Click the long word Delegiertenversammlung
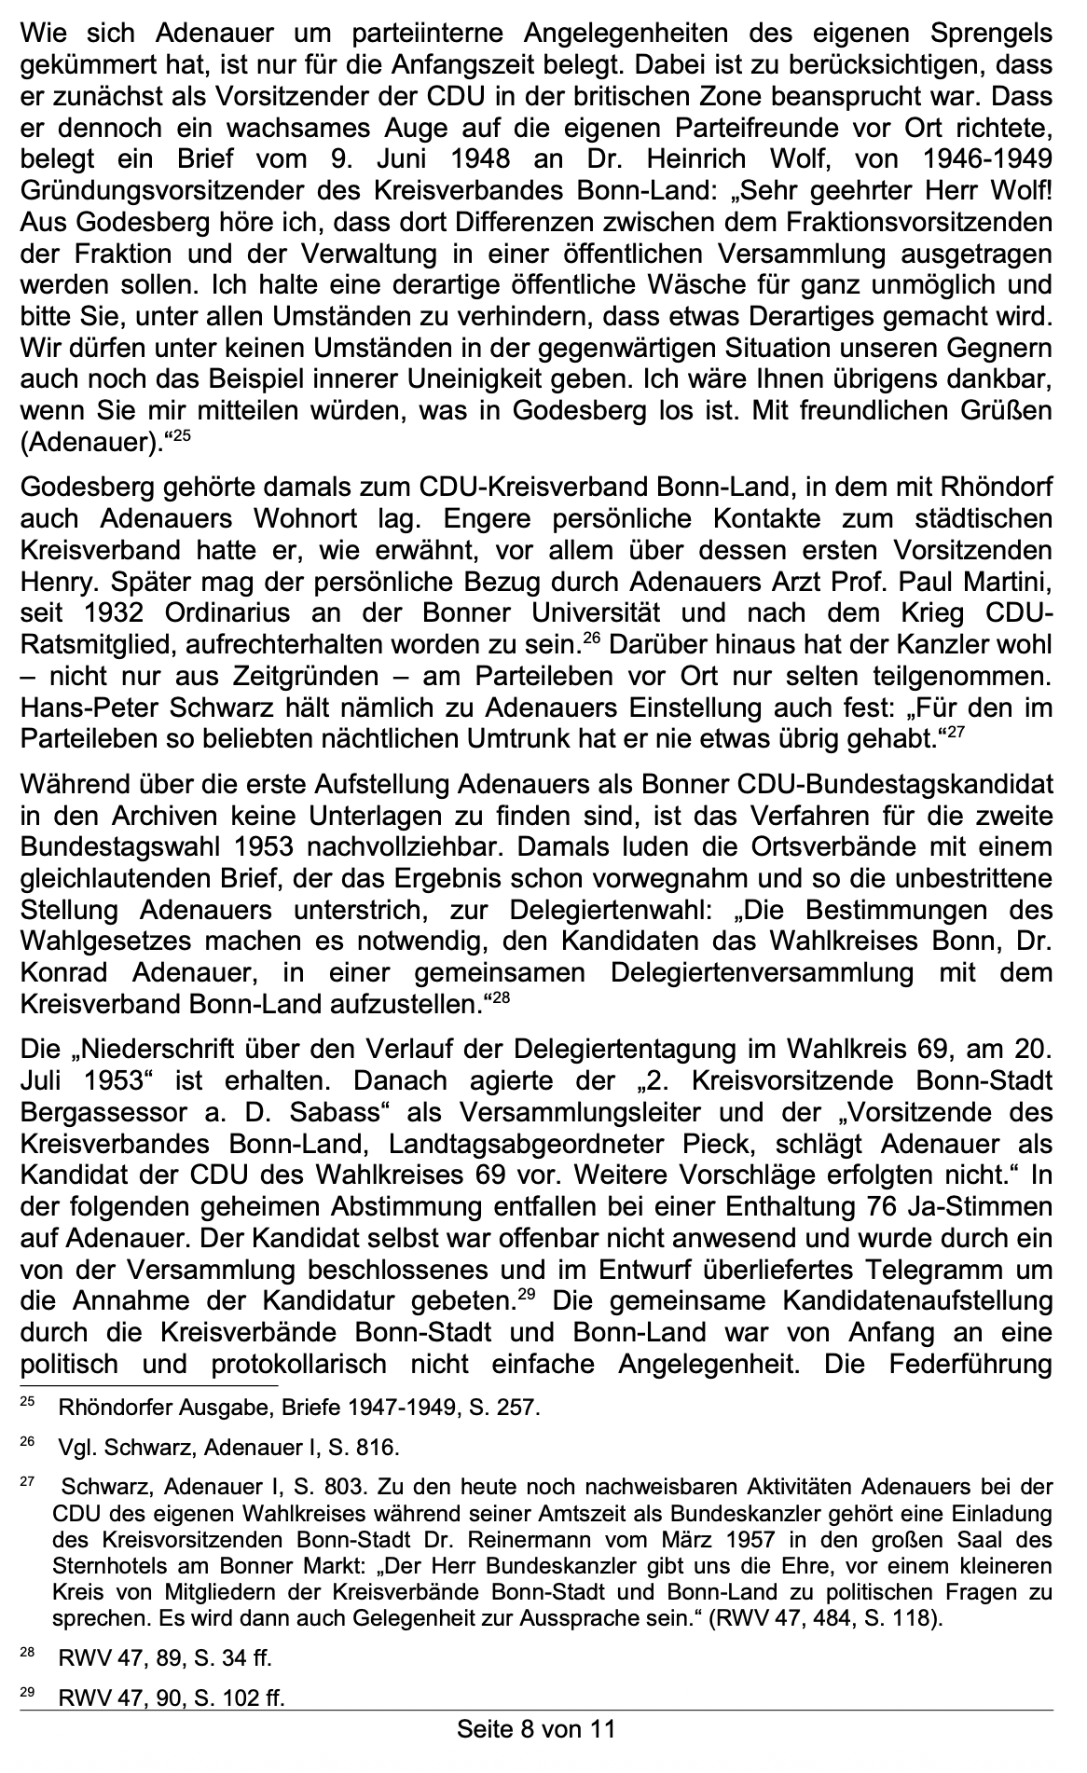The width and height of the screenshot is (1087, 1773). coord(762,973)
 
